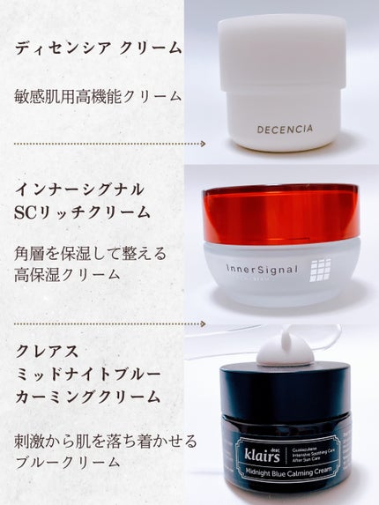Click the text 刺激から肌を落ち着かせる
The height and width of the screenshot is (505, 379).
(107, 439)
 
